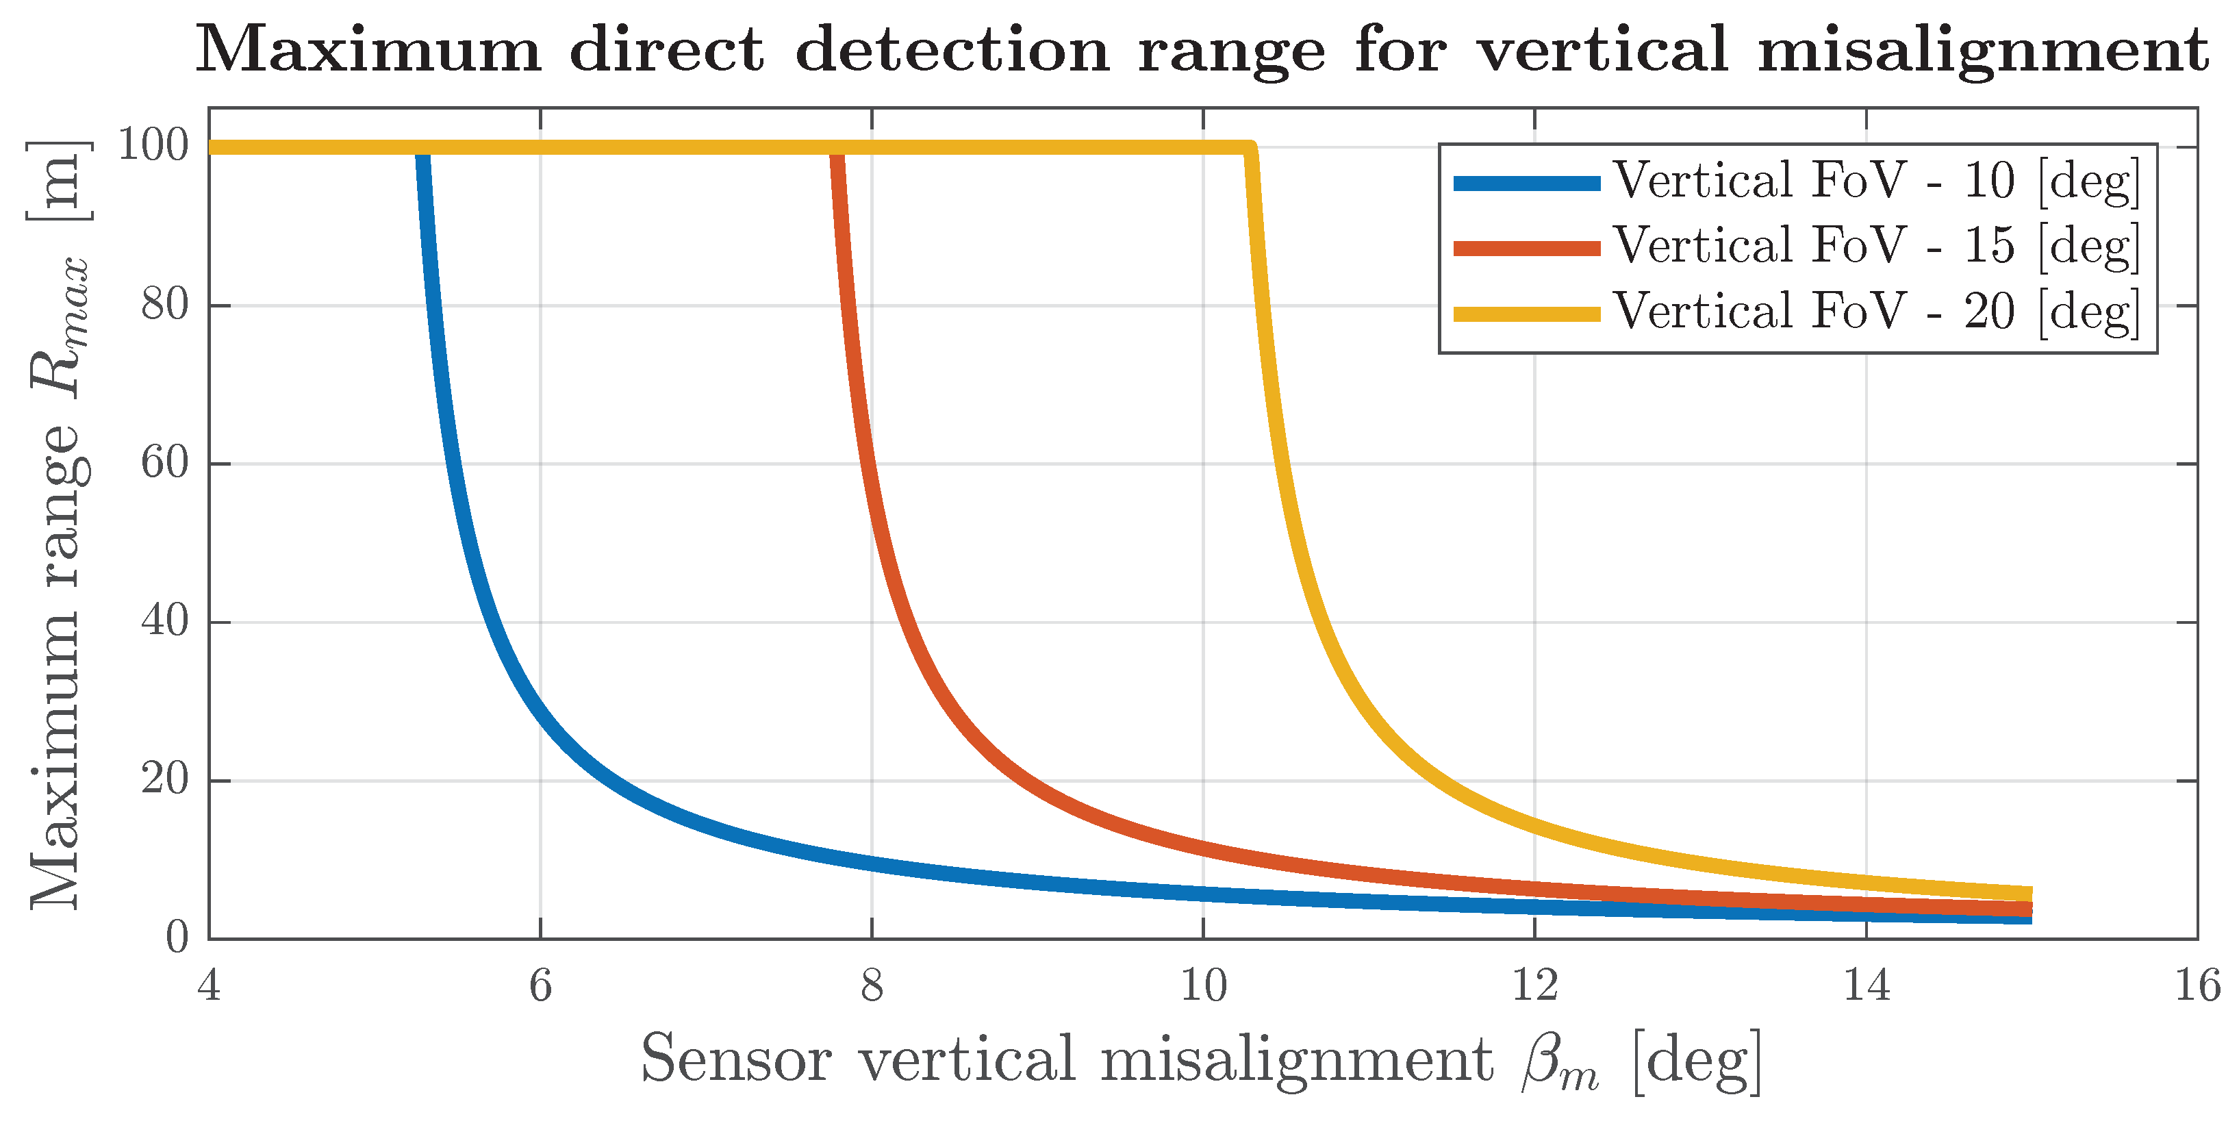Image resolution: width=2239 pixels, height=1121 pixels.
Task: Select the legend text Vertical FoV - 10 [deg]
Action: tap(1875, 181)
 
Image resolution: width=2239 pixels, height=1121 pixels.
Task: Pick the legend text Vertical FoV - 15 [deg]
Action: tap(1875, 246)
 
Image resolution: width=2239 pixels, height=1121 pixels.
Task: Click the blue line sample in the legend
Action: tap(1526, 182)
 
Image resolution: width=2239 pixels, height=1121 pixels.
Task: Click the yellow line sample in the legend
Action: tap(1526, 314)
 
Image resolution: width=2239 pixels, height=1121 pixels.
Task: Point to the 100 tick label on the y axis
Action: tap(153, 146)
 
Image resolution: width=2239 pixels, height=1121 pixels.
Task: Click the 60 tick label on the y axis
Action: tap(164, 462)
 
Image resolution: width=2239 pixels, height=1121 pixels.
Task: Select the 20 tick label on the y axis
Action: tap(164, 779)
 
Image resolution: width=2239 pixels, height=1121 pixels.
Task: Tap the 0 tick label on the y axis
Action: tap(177, 937)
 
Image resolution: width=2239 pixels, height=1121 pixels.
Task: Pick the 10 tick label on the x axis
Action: tap(1203, 986)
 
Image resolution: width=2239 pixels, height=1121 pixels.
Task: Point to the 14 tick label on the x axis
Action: tap(1866, 986)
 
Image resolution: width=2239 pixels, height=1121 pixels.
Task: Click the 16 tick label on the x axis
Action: tap(2197, 986)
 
